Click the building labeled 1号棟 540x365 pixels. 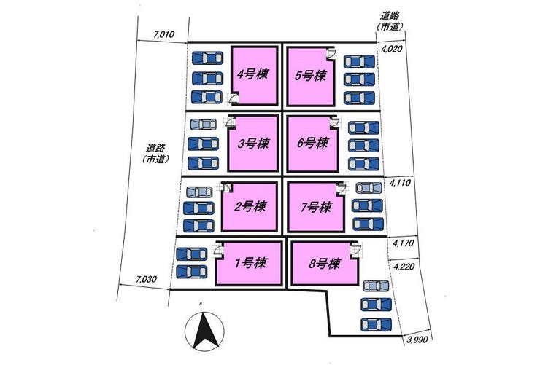click(x=248, y=263)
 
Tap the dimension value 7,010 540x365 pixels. click(x=166, y=34)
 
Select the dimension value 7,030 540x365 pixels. click(x=147, y=279)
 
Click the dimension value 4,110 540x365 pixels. click(x=401, y=184)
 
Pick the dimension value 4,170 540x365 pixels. click(x=404, y=243)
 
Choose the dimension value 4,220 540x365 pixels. click(x=404, y=267)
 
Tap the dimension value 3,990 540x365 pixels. click(x=418, y=340)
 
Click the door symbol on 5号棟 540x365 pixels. click(x=330, y=52)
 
